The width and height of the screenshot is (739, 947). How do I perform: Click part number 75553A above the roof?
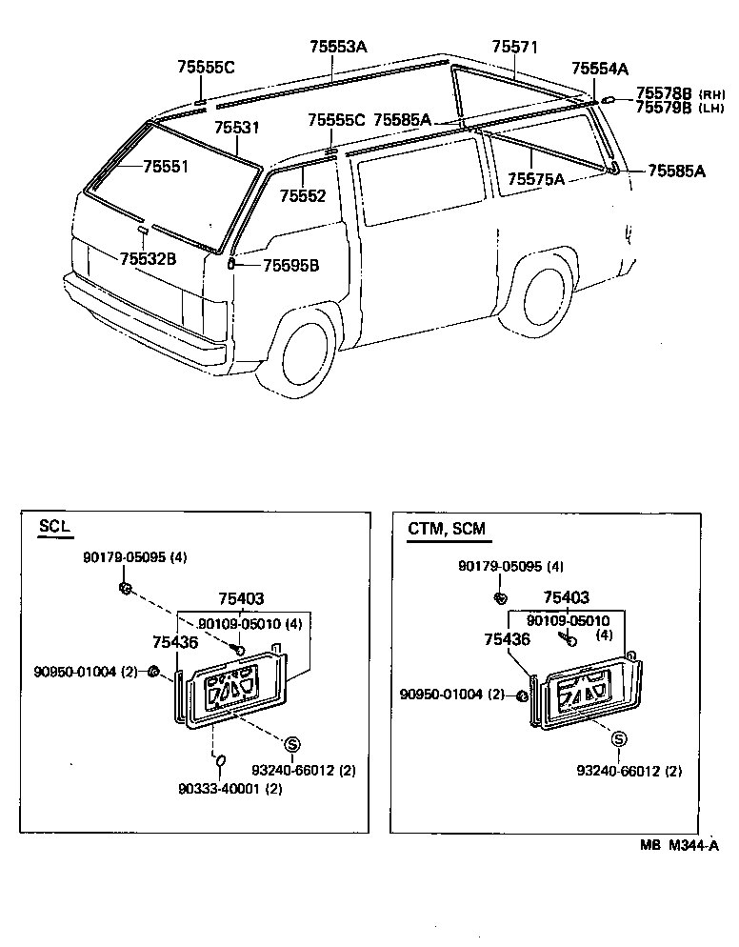point(337,46)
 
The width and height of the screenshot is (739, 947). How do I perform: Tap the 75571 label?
point(515,47)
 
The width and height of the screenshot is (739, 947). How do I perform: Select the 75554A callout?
point(600,69)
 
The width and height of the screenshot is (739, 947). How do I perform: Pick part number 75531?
point(236,128)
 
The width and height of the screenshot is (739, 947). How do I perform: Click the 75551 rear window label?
point(166,167)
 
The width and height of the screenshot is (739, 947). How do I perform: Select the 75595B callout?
point(290,266)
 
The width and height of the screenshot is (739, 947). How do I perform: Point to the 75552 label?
point(303,196)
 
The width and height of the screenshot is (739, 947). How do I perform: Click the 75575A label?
point(536,179)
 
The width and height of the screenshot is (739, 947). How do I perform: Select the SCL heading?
point(54,527)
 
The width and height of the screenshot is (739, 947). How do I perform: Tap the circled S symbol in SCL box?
point(292,743)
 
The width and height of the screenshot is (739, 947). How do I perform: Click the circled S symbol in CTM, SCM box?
point(619,739)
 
